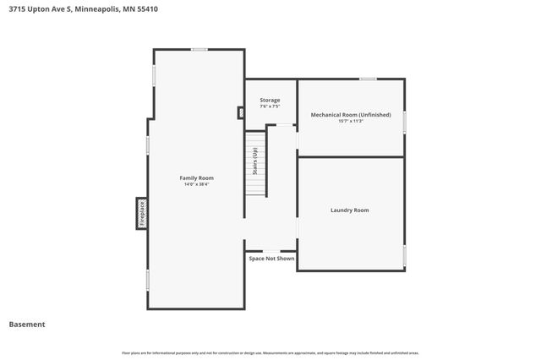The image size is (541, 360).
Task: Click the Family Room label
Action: point(196,177)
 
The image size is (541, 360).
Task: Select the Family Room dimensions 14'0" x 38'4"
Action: point(196,184)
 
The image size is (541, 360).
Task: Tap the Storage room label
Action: point(270,100)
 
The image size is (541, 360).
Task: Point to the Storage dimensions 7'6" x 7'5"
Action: point(270,106)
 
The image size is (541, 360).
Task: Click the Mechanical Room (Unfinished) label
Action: point(351,114)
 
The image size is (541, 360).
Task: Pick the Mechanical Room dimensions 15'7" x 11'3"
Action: point(351,121)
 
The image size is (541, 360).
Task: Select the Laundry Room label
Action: point(349,210)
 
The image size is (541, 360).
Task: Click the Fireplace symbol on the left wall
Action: point(142,214)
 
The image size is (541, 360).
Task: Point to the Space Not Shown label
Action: point(271,259)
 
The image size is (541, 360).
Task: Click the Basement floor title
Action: point(27,325)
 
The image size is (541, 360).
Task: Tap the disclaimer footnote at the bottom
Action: point(270,352)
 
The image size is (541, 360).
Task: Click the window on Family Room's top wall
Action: point(199,49)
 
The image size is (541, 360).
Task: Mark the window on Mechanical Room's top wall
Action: point(368,79)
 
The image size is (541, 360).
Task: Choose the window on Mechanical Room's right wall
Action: point(405,122)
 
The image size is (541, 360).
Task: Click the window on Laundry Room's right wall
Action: point(405,255)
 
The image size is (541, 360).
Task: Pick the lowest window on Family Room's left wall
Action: point(148,280)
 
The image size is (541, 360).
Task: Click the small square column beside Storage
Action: point(241,112)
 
